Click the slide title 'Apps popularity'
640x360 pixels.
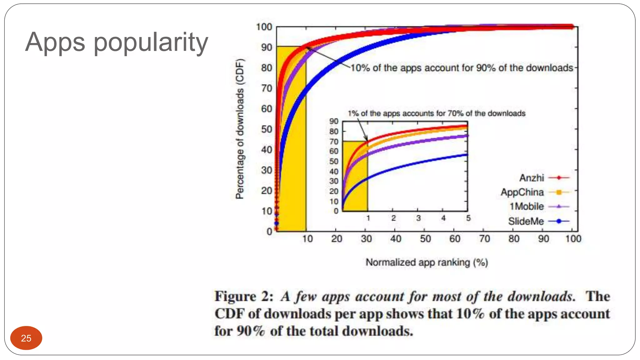click(116, 42)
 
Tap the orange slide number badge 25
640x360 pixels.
click(26, 338)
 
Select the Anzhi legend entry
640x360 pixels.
click(544, 178)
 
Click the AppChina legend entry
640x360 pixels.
click(535, 192)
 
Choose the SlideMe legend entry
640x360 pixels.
click(538, 221)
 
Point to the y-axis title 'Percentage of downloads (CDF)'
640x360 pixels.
click(240, 129)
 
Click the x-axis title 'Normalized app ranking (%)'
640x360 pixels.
click(427, 262)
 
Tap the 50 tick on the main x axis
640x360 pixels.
click(425, 239)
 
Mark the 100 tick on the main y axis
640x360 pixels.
click(264, 27)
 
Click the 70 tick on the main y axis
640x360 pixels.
click(267, 88)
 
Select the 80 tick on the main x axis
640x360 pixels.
click(514, 239)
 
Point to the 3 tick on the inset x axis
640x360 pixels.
click(418, 218)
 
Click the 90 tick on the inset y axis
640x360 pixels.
click(334, 121)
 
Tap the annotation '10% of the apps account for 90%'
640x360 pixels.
click(462, 68)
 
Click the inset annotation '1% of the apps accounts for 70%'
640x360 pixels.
click(437, 113)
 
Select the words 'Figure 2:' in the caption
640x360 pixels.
click(244, 296)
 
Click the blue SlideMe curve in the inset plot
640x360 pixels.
click(417, 163)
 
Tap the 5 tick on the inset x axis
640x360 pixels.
click(468, 218)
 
